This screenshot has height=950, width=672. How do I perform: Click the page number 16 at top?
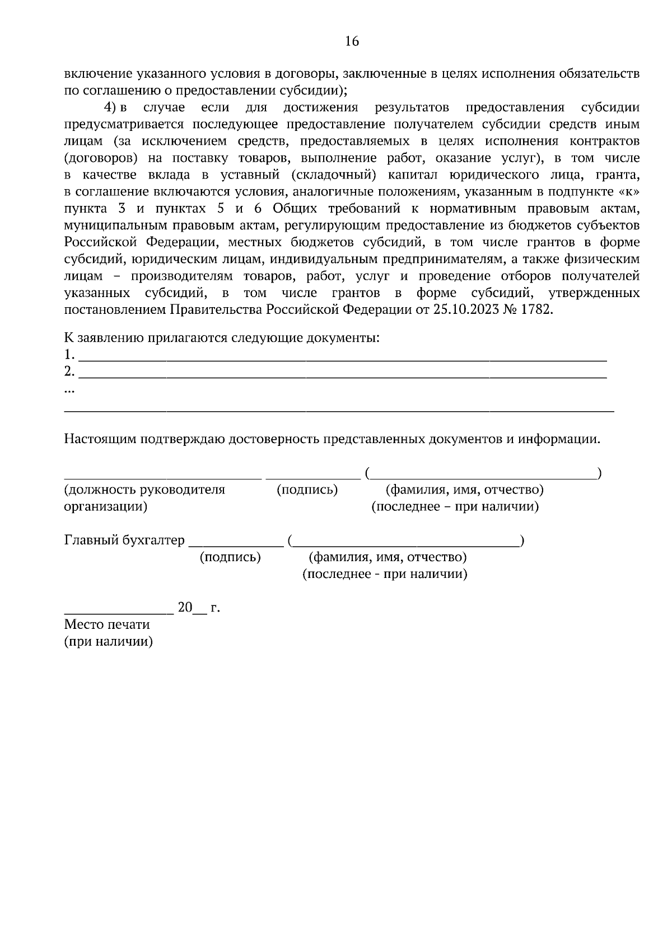pyautogui.click(x=352, y=41)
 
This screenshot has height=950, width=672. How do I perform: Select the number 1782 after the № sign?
pyautogui.click(x=536, y=310)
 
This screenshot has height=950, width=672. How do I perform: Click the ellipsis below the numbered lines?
pyautogui.click(x=70, y=391)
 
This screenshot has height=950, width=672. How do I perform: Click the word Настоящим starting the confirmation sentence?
pyautogui.click(x=96, y=439)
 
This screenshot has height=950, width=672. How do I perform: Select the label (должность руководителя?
pyautogui.click(x=144, y=490)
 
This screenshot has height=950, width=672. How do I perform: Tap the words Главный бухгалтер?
pyautogui.click(x=124, y=540)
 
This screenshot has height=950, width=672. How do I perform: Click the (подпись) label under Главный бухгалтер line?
pyautogui.click(x=230, y=557)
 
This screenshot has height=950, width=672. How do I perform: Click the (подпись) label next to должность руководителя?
pyautogui.click(x=307, y=490)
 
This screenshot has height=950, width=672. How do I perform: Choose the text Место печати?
pyautogui.click(x=107, y=624)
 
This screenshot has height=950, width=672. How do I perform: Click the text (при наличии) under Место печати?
pyautogui.click(x=109, y=642)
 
